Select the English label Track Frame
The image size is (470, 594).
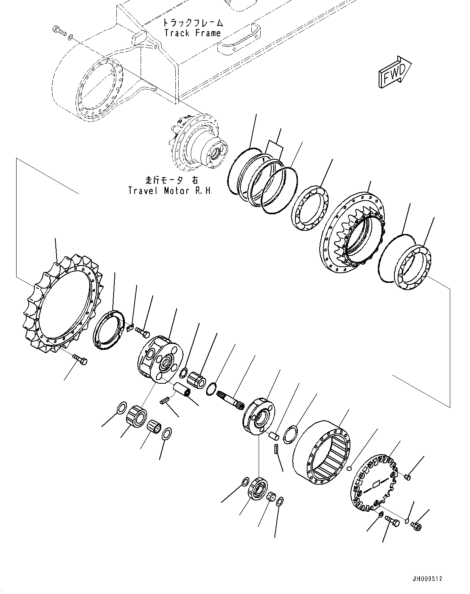(192, 33)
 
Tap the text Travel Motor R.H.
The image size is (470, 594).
(170, 190)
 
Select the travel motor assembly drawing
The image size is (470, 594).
(198, 141)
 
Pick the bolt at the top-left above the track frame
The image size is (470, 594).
(59, 31)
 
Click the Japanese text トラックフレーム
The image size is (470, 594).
(192, 23)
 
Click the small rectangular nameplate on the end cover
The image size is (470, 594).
(375, 483)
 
